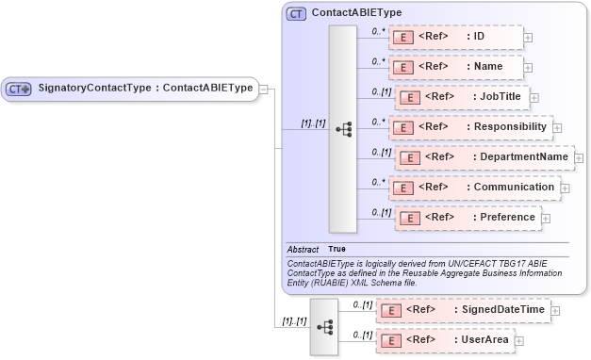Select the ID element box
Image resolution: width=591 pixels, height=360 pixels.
[455, 38]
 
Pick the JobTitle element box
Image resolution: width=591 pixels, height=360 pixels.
[461, 97]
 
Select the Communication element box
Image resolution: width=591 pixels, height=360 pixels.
[474, 187]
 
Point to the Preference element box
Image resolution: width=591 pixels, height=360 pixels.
[467, 217]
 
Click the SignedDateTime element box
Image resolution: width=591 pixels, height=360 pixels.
[462, 309]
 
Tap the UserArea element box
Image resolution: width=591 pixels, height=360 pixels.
[443, 339]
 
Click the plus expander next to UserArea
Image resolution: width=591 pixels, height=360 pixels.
[518, 339]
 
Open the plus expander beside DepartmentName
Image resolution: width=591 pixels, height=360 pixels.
[579, 157]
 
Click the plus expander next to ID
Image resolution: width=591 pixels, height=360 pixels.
[528, 38]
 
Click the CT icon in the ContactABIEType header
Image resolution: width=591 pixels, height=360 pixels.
[297, 13]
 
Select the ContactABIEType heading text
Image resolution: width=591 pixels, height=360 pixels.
[356, 13]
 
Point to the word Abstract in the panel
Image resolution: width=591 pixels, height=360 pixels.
[303, 249]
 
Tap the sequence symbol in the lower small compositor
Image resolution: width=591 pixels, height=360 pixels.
[324, 326]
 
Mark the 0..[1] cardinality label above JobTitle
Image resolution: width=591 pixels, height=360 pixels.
[382, 90]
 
